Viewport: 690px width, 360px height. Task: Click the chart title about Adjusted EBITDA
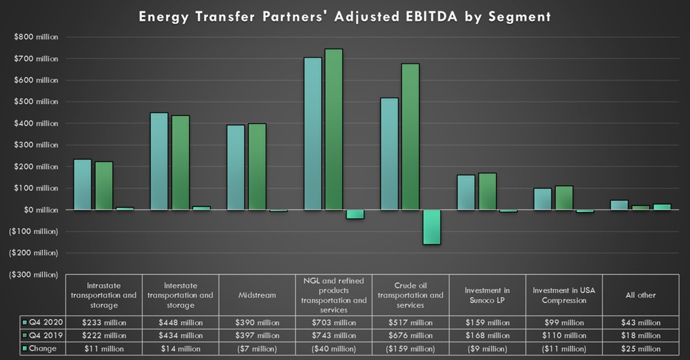tap(345, 17)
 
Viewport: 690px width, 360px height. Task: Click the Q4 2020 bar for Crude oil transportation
tap(389, 154)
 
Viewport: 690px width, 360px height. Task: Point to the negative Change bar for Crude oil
tap(432, 227)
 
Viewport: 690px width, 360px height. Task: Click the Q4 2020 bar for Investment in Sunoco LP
tap(465, 192)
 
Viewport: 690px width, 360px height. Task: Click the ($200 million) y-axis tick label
tap(32, 253)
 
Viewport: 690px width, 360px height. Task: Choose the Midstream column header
tap(257, 295)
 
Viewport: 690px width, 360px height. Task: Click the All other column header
tap(640, 295)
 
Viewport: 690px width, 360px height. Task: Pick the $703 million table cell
tap(334, 322)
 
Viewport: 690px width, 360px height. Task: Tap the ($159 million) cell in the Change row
tap(410, 349)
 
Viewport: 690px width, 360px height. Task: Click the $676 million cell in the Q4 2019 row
tap(410, 336)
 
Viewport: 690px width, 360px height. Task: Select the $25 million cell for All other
tap(640, 349)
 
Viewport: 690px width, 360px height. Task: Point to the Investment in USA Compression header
tap(564, 295)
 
